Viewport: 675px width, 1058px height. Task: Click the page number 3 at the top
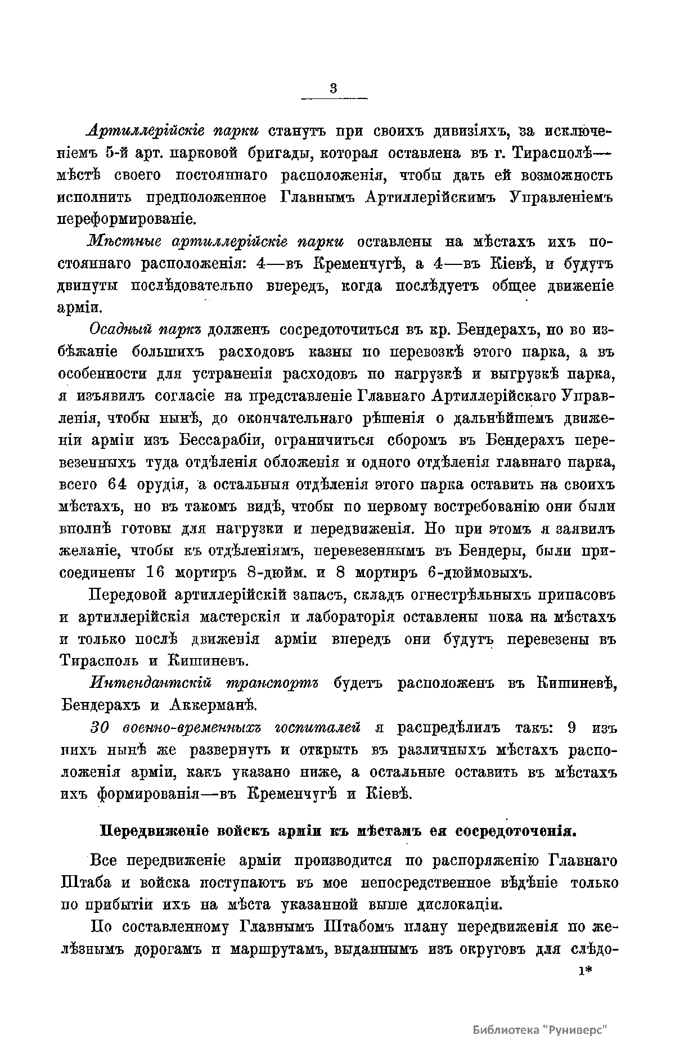[334, 88]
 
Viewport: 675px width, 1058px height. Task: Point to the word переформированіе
[128, 219]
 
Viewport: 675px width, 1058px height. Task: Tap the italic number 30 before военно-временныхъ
[100, 727]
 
